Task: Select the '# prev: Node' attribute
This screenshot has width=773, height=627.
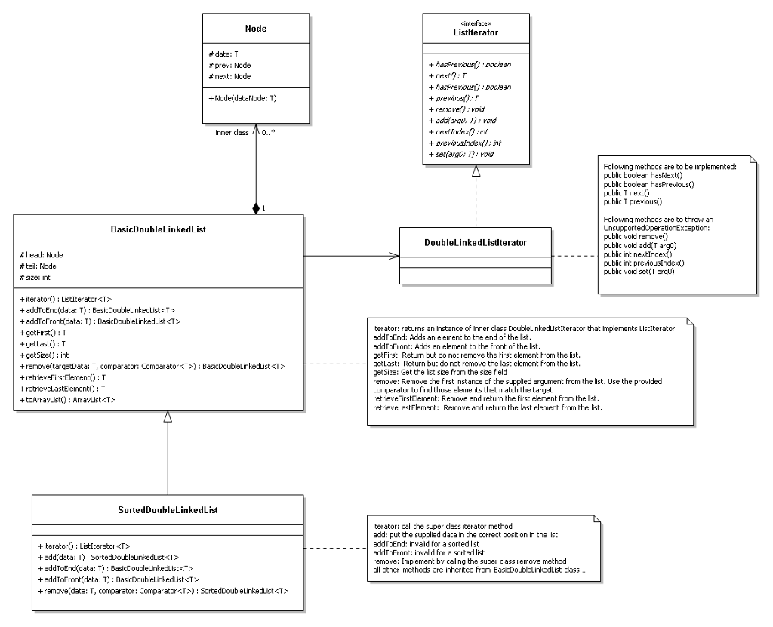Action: tap(230, 65)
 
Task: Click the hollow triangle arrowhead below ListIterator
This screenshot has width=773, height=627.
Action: tap(477, 172)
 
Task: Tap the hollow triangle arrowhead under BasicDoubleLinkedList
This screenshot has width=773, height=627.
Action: tap(168, 416)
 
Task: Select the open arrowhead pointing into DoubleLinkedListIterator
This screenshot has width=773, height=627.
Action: tap(393, 257)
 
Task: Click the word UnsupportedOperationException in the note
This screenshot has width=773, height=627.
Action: tap(648, 227)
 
